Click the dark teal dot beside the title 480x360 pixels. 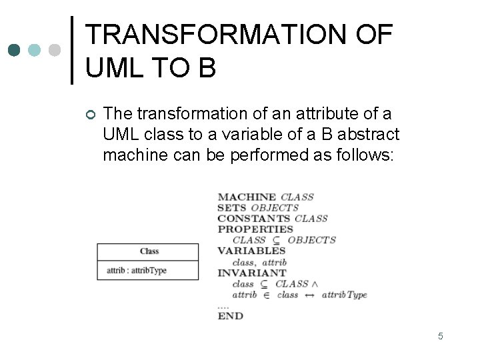pyautogui.click(x=15, y=50)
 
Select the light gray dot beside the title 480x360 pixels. pyautogui.click(x=55, y=50)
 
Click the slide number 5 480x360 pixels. pyautogui.click(x=441, y=336)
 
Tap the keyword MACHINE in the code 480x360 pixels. pyautogui.click(x=247, y=197)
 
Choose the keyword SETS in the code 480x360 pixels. pyautogui.click(x=231, y=208)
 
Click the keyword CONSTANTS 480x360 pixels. pyautogui.click(x=253, y=219)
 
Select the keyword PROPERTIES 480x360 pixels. pyautogui.click(x=255, y=229)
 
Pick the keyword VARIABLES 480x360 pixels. pyautogui.click(x=251, y=251)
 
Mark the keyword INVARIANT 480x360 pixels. pyautogui.click(x=252, y=273)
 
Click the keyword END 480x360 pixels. pyautogui.click(x=231, y=315)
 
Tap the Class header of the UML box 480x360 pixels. pyautogui.click(x=149, y=251)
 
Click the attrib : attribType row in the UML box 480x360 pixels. pyautogui.click(x=137, y=271)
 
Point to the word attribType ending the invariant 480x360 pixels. pyautogui.click(x=344, y=295)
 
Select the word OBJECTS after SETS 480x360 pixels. pyautogui.click(x=275, y=208)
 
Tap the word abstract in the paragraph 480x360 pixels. pyautogui.click(x=369, y=135)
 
